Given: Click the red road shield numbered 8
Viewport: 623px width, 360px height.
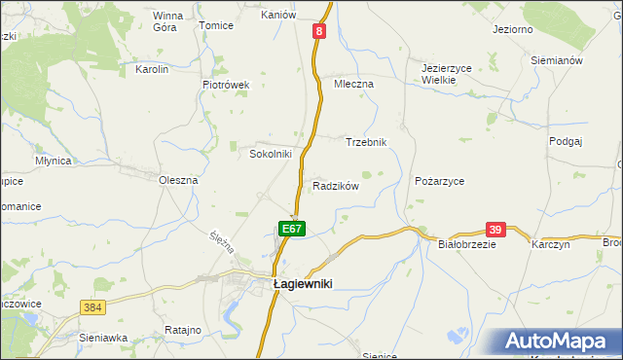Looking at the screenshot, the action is point(318,31).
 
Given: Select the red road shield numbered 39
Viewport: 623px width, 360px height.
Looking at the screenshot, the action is point(495,229).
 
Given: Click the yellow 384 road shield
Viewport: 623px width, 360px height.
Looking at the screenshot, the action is point(92,306).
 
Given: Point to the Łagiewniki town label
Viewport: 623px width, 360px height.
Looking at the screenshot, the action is point(303,283).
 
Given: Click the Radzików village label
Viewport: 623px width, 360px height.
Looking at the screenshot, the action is point(336,186).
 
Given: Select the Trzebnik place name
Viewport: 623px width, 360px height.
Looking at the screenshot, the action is point(367,142).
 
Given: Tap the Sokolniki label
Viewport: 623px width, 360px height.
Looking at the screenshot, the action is point(271,154).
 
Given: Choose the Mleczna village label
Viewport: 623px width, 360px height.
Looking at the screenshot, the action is point(353,84).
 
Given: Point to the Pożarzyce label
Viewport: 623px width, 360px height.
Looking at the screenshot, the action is point(439,181).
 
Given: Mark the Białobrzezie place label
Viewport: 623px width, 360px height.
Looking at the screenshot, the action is point(467,245).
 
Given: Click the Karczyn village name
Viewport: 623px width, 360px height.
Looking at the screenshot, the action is point(550,245).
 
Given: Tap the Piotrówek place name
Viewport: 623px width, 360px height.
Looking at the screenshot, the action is point(226,85).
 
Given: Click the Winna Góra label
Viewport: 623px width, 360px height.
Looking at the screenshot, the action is point(167,22).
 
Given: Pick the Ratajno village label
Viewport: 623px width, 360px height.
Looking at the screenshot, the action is point(182,331).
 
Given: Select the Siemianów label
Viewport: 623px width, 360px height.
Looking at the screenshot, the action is point(557,60).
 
